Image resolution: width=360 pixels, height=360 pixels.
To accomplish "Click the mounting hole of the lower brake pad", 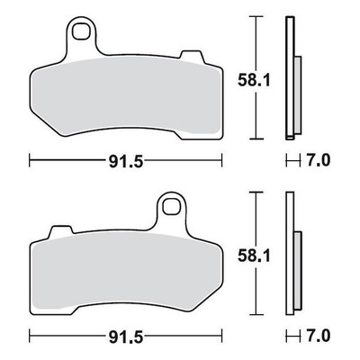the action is click(x=171, y=206).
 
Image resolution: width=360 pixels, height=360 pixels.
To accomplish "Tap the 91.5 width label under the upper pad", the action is click(x=126, y=162).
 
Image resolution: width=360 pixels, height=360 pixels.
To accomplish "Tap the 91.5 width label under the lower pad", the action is click(x=126, y=337).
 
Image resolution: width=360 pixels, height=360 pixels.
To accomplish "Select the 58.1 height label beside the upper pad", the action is click(x=254, y=80).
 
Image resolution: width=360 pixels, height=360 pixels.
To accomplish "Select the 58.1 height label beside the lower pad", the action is click(x=254, y=256).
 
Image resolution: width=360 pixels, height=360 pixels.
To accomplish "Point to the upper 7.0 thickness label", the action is click(x=319, y=160).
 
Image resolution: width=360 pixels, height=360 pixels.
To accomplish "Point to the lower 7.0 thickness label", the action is click(x=319, y=337).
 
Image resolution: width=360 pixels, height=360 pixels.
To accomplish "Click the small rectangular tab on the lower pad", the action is click(x=62, y=231).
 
